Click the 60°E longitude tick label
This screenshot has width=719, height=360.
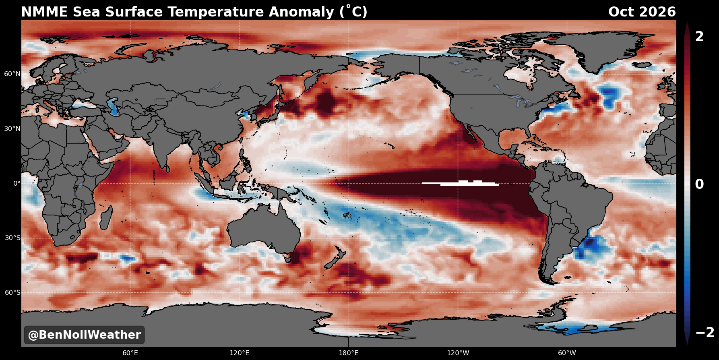point(130,353)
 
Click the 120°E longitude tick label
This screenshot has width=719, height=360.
point(240,353)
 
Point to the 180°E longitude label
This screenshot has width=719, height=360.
point(349,353)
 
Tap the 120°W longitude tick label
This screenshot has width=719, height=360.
point(458,353)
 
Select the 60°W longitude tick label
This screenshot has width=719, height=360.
point(567,353)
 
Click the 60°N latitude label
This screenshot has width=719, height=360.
point(12,74)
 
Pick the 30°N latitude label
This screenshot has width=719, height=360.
point(12,129)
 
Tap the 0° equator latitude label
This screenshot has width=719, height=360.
point(17,183)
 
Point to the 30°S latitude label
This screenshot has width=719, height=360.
point(12,238)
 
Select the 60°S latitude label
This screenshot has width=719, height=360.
point(12,293)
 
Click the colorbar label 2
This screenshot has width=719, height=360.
point(700,37)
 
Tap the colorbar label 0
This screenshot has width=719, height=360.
point(700,184)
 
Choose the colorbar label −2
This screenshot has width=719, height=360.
point(705,333)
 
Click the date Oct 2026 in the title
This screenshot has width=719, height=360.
point(642,12)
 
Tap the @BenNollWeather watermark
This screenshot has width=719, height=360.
point(84,335)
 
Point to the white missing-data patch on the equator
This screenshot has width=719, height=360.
point(461,183)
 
